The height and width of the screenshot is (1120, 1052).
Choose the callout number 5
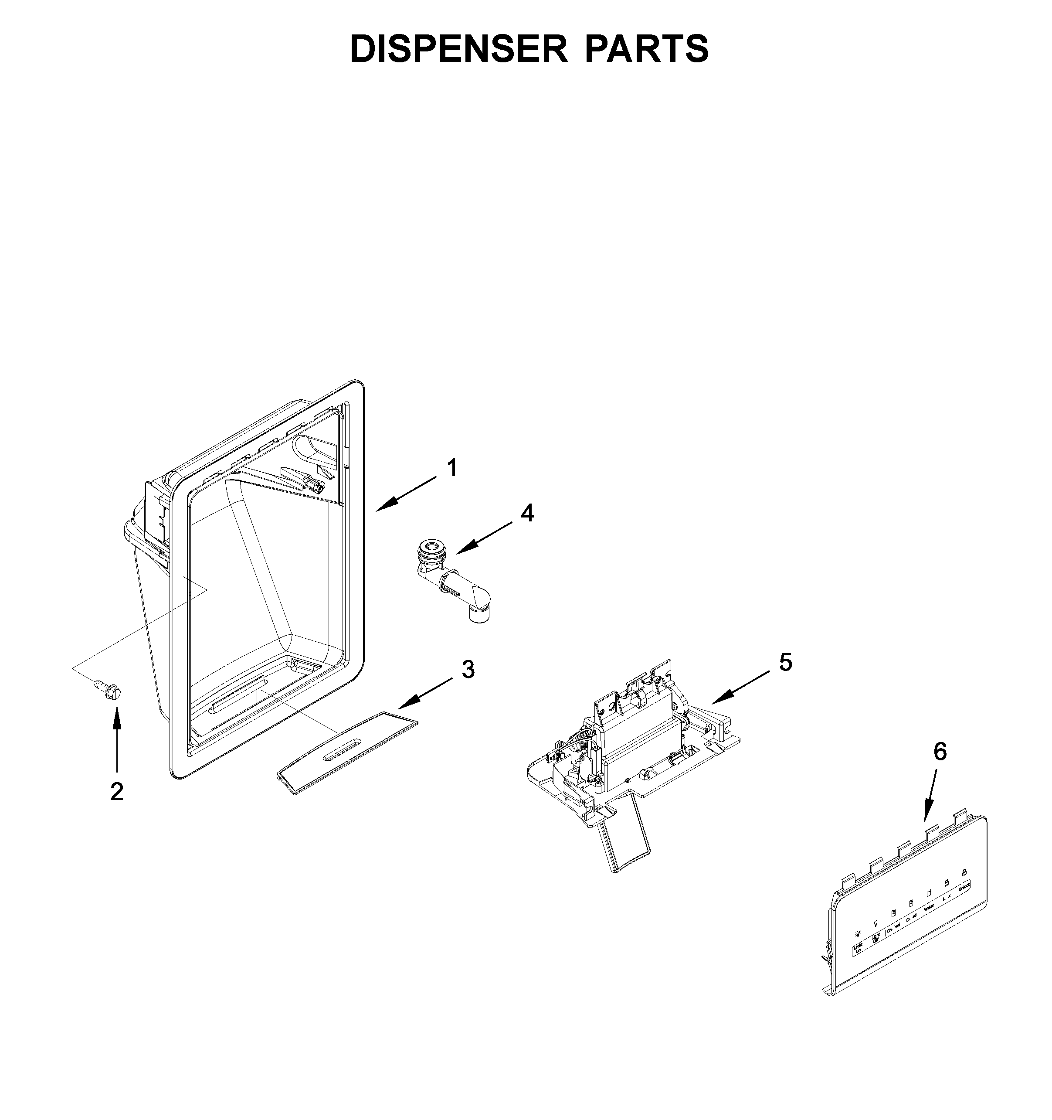[786, 663]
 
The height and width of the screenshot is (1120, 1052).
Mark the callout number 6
[940, 752]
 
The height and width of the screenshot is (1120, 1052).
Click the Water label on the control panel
[929, 922]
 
